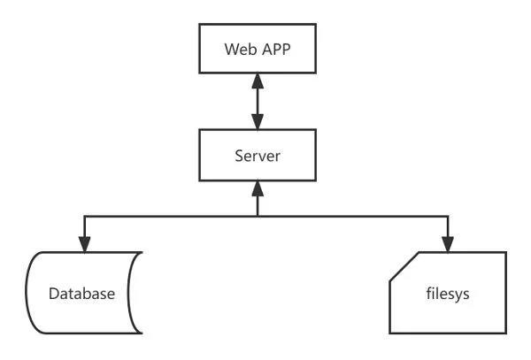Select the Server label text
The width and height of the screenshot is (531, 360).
click(x=258, y=156)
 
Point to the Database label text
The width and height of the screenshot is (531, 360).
click(x=81, y=293)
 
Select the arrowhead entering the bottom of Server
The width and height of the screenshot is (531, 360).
click(x=258, y=187)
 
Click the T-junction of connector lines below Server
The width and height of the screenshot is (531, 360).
click(x=258, y=215)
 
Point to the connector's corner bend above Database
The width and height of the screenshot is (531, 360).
click(x=84, y=215)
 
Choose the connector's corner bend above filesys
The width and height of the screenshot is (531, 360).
click(x=449, y=215)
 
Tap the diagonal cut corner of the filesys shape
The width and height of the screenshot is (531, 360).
click(x=403, y=266)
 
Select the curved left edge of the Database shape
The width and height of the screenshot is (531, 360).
click(x=29, y=293)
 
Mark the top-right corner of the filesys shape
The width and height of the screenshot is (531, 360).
click(x=507, y=253)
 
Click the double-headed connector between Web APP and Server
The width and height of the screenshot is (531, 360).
click(x=258, y=103)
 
